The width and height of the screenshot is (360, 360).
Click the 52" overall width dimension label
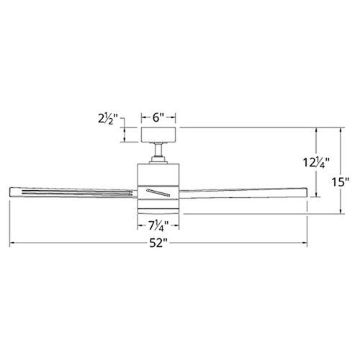(x=158, y=243)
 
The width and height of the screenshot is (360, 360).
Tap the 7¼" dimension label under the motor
(x=158, y=225)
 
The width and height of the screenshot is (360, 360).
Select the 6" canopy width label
(x=158, y=117)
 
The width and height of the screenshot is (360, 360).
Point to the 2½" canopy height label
(x=108, y=119)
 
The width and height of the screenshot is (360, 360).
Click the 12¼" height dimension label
(x=316, y=163)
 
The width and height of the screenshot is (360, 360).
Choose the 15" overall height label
(x=341, y=182)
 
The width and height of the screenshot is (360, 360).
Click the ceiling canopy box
(x=158, y=135)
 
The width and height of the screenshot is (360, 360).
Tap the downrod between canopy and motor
(x=158, y=149)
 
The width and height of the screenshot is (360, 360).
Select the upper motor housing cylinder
(x=158, y=174)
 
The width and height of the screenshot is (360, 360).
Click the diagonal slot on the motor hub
(x=158, y=193)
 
